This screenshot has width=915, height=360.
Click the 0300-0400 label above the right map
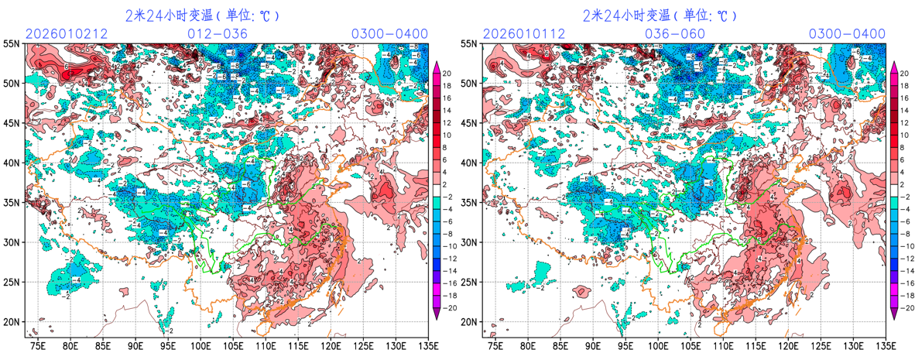(x=847, y=33)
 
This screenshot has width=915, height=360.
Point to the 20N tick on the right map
(x=470, y=321)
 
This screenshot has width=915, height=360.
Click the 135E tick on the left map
(x=427, y=345)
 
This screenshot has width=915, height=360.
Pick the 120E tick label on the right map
(x=789, y=345)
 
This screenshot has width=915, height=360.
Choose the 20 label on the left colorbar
(x=447, y=68)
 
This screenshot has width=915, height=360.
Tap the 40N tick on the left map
(x=12, y=163)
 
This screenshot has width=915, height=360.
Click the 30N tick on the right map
(x=470, y=242)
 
